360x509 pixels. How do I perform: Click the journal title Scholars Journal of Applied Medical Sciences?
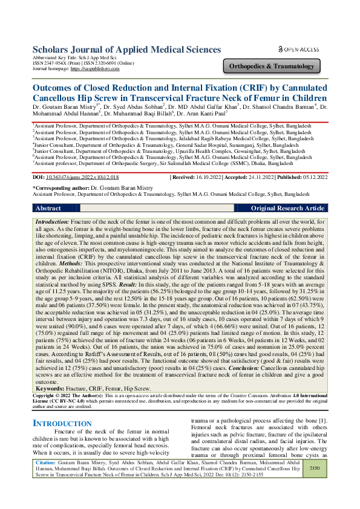pyautogui.click(x=126, y=49)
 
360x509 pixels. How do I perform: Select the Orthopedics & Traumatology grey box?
pyautogui.click(x=270, y=66)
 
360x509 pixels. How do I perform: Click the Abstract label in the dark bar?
pyautogui.click(x=48, y=208)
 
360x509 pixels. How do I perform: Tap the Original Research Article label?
pyautogui.click(x=304, y=208)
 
